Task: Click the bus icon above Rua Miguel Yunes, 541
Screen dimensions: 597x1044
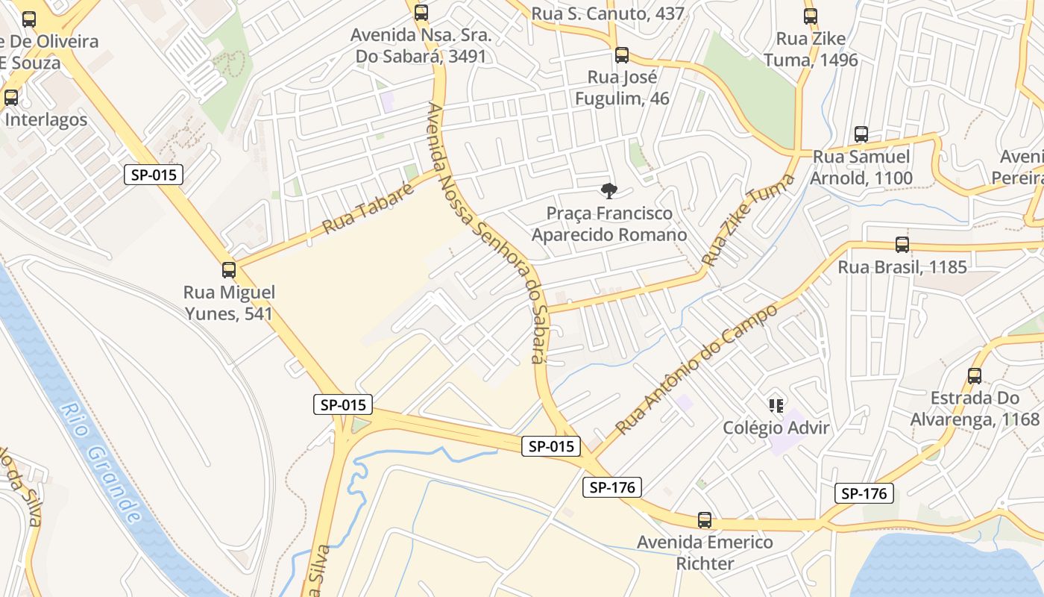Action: pyautogui.click(x=229, y=270)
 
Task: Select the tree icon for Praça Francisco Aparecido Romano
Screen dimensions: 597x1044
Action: pyautogui.click(x=609, y=191)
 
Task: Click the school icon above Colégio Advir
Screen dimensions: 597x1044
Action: pyautogui.click(x=776, y=406)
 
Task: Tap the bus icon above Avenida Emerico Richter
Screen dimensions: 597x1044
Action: pyautogui.click(x=704, y=520)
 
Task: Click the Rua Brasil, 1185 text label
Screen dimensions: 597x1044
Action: pyautogui.click(x=902, y=267)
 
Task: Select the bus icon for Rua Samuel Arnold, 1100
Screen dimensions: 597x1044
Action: pyautogui.click(x=861, y=134)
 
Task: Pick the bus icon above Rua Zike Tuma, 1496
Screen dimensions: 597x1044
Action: pyautogui.click(x=811, y=16)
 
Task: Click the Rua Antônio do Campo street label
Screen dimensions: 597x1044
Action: pyautogui.click(x=696, y=368)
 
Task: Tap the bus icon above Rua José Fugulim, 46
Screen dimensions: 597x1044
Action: pyautogui.click(x=622, y=55)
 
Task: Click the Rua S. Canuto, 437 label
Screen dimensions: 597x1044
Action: pyautogui.click(x=608, y=13)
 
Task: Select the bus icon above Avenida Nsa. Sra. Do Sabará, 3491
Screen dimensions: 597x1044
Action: pyautogui.click(x=421, y=13)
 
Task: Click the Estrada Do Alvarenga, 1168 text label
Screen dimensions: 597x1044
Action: pyautogui.click(x=975, y=408)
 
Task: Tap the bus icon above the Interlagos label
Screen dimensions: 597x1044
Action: pyautogui.click(x=11, y=98)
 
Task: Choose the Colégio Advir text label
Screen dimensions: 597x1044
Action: pyautogui.click(x=776, y=428)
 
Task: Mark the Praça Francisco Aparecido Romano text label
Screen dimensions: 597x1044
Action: pyautogui.click(x=609, y=224)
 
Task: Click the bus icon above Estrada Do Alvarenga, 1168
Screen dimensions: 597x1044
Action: pyautogui.click(x=975, y=376)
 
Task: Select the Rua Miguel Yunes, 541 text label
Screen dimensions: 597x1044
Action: pyautogui.click(x=229, y=302)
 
